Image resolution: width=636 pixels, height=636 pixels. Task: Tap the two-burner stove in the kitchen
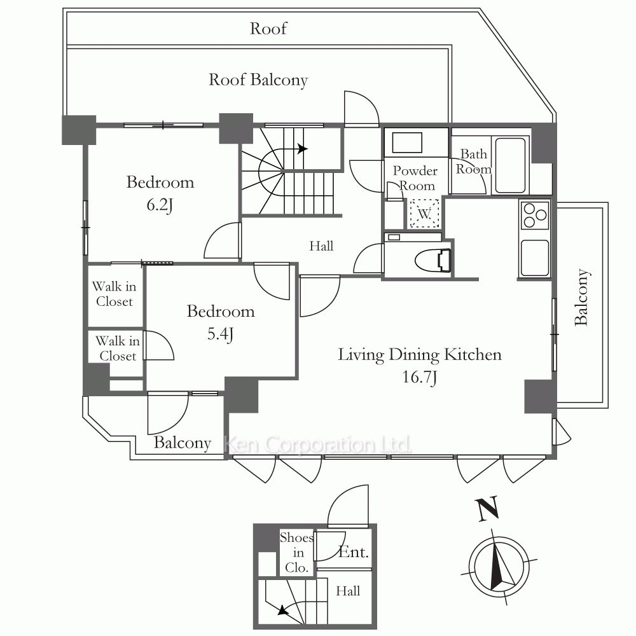534,215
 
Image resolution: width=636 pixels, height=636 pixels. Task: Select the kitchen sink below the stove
534,258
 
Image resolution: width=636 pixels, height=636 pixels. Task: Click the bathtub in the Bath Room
510,165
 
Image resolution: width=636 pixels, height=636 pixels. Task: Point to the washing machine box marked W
424,214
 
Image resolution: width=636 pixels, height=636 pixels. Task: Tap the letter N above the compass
487,509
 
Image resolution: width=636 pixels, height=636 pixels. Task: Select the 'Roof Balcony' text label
258,80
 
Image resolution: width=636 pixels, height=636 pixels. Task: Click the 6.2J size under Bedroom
160,205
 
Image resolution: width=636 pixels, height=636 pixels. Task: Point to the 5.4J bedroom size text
220,335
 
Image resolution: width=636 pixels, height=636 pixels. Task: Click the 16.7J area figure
419,378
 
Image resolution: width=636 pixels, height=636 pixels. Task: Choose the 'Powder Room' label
415,178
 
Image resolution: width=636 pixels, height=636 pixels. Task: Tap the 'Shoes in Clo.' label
296,553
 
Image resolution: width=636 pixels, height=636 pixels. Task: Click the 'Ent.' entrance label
353,552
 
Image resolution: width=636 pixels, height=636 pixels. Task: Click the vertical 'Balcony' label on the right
581,298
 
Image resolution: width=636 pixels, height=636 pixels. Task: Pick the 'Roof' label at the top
268,29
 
